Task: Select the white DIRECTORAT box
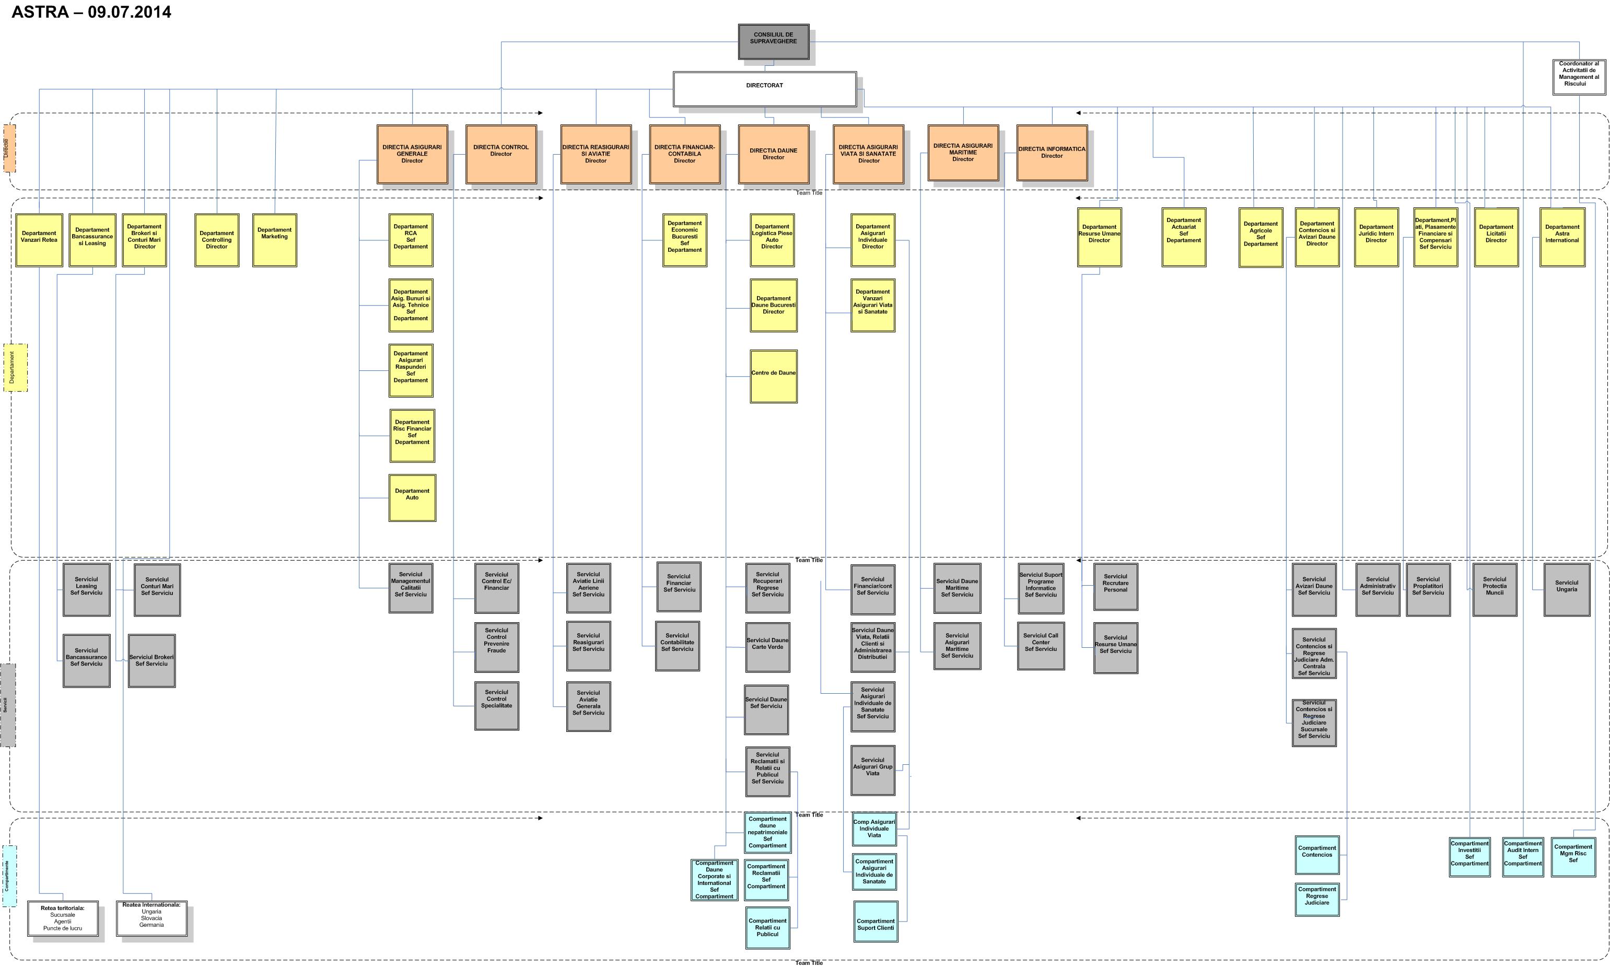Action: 764,89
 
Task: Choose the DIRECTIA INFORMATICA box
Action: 1051,153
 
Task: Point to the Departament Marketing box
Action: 274,240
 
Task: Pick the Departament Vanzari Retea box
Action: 39,240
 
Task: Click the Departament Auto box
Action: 412,497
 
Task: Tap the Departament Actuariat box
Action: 1183,237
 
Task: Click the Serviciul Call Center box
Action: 1040,645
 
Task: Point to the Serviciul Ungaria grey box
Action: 1566,589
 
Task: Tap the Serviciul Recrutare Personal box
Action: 1115,587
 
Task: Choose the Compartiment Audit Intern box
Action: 1522,856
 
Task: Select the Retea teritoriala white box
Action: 63,918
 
